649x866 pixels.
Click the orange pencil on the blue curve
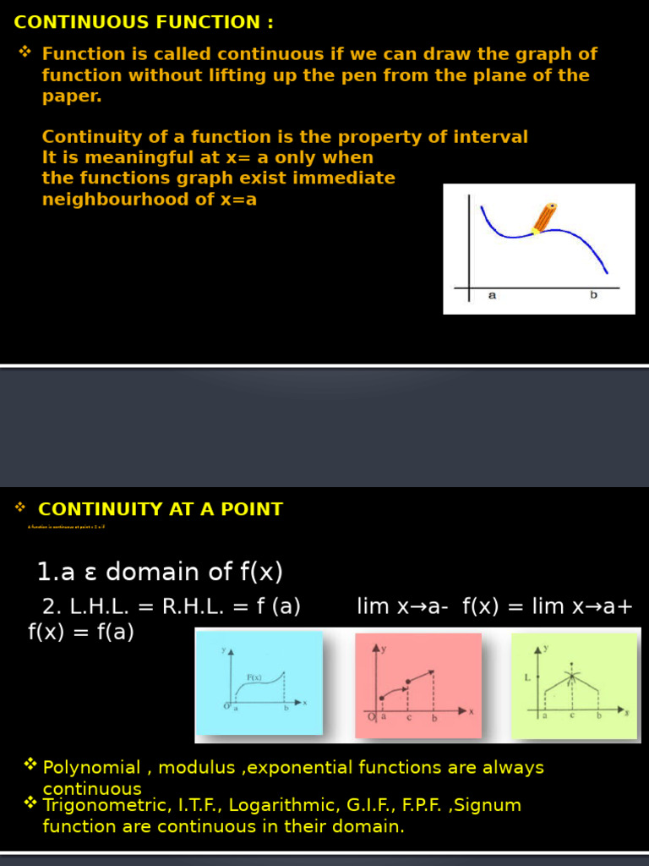point(543,217)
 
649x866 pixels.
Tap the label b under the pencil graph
point(593,295)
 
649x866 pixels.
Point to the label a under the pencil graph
point(492,295)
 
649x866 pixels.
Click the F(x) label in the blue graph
point(254,677)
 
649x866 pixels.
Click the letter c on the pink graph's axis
point(409,719)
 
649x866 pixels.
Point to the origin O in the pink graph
point(371,717)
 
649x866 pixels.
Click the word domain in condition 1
point(153,573)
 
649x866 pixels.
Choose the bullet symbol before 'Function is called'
point(25,53)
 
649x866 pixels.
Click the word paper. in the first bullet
point(72,96)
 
